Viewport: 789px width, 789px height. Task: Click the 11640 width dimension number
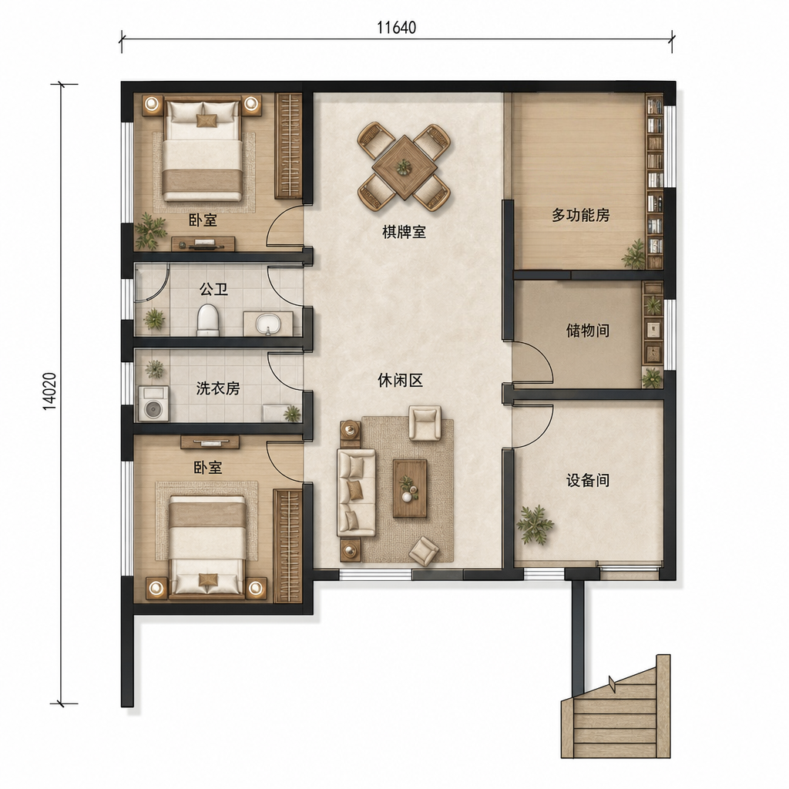(x=397, y=27)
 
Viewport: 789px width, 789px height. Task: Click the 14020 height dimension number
(x=50, y=391)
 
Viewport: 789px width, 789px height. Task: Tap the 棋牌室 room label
(x=404, y=232)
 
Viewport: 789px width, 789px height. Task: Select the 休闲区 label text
(x=401, y=381)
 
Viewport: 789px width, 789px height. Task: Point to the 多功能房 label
(x=581, y=215)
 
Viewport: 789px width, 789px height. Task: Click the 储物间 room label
(x=588, y=331)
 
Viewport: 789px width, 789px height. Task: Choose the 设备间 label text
(x=588, y=480)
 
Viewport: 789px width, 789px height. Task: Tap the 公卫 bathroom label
(x=214, y=290)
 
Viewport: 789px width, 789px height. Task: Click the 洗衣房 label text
(x=218, y=388)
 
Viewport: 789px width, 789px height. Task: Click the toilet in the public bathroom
(x=208, y=320)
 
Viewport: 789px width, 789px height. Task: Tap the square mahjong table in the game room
(x=404, y=167)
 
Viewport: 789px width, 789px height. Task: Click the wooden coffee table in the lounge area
(x=410, y=488)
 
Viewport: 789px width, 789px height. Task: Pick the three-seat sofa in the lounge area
(x=356, y=492)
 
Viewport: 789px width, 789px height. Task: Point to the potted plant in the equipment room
(x=535, y=524)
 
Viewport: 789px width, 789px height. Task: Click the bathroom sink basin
(x=267, y=324)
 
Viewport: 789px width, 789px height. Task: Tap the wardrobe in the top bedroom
(x=288, y=146)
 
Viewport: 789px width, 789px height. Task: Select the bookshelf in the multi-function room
(x=655, y=181)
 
